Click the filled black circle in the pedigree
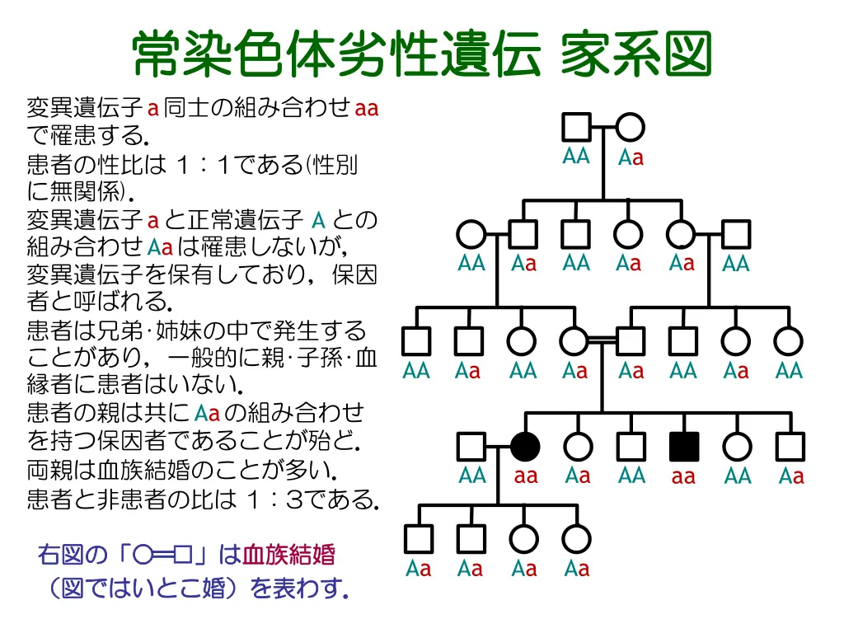525,446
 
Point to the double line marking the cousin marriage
602,339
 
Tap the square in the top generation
576,128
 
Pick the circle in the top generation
630,128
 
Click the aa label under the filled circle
526,476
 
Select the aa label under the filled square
683,477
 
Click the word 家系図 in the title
635,55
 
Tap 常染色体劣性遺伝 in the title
337,55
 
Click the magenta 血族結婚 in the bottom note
288,555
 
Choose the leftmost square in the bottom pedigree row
419,538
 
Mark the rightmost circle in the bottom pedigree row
576,538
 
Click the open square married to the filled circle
471,446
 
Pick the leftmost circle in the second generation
471,234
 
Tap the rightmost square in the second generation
735,234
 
